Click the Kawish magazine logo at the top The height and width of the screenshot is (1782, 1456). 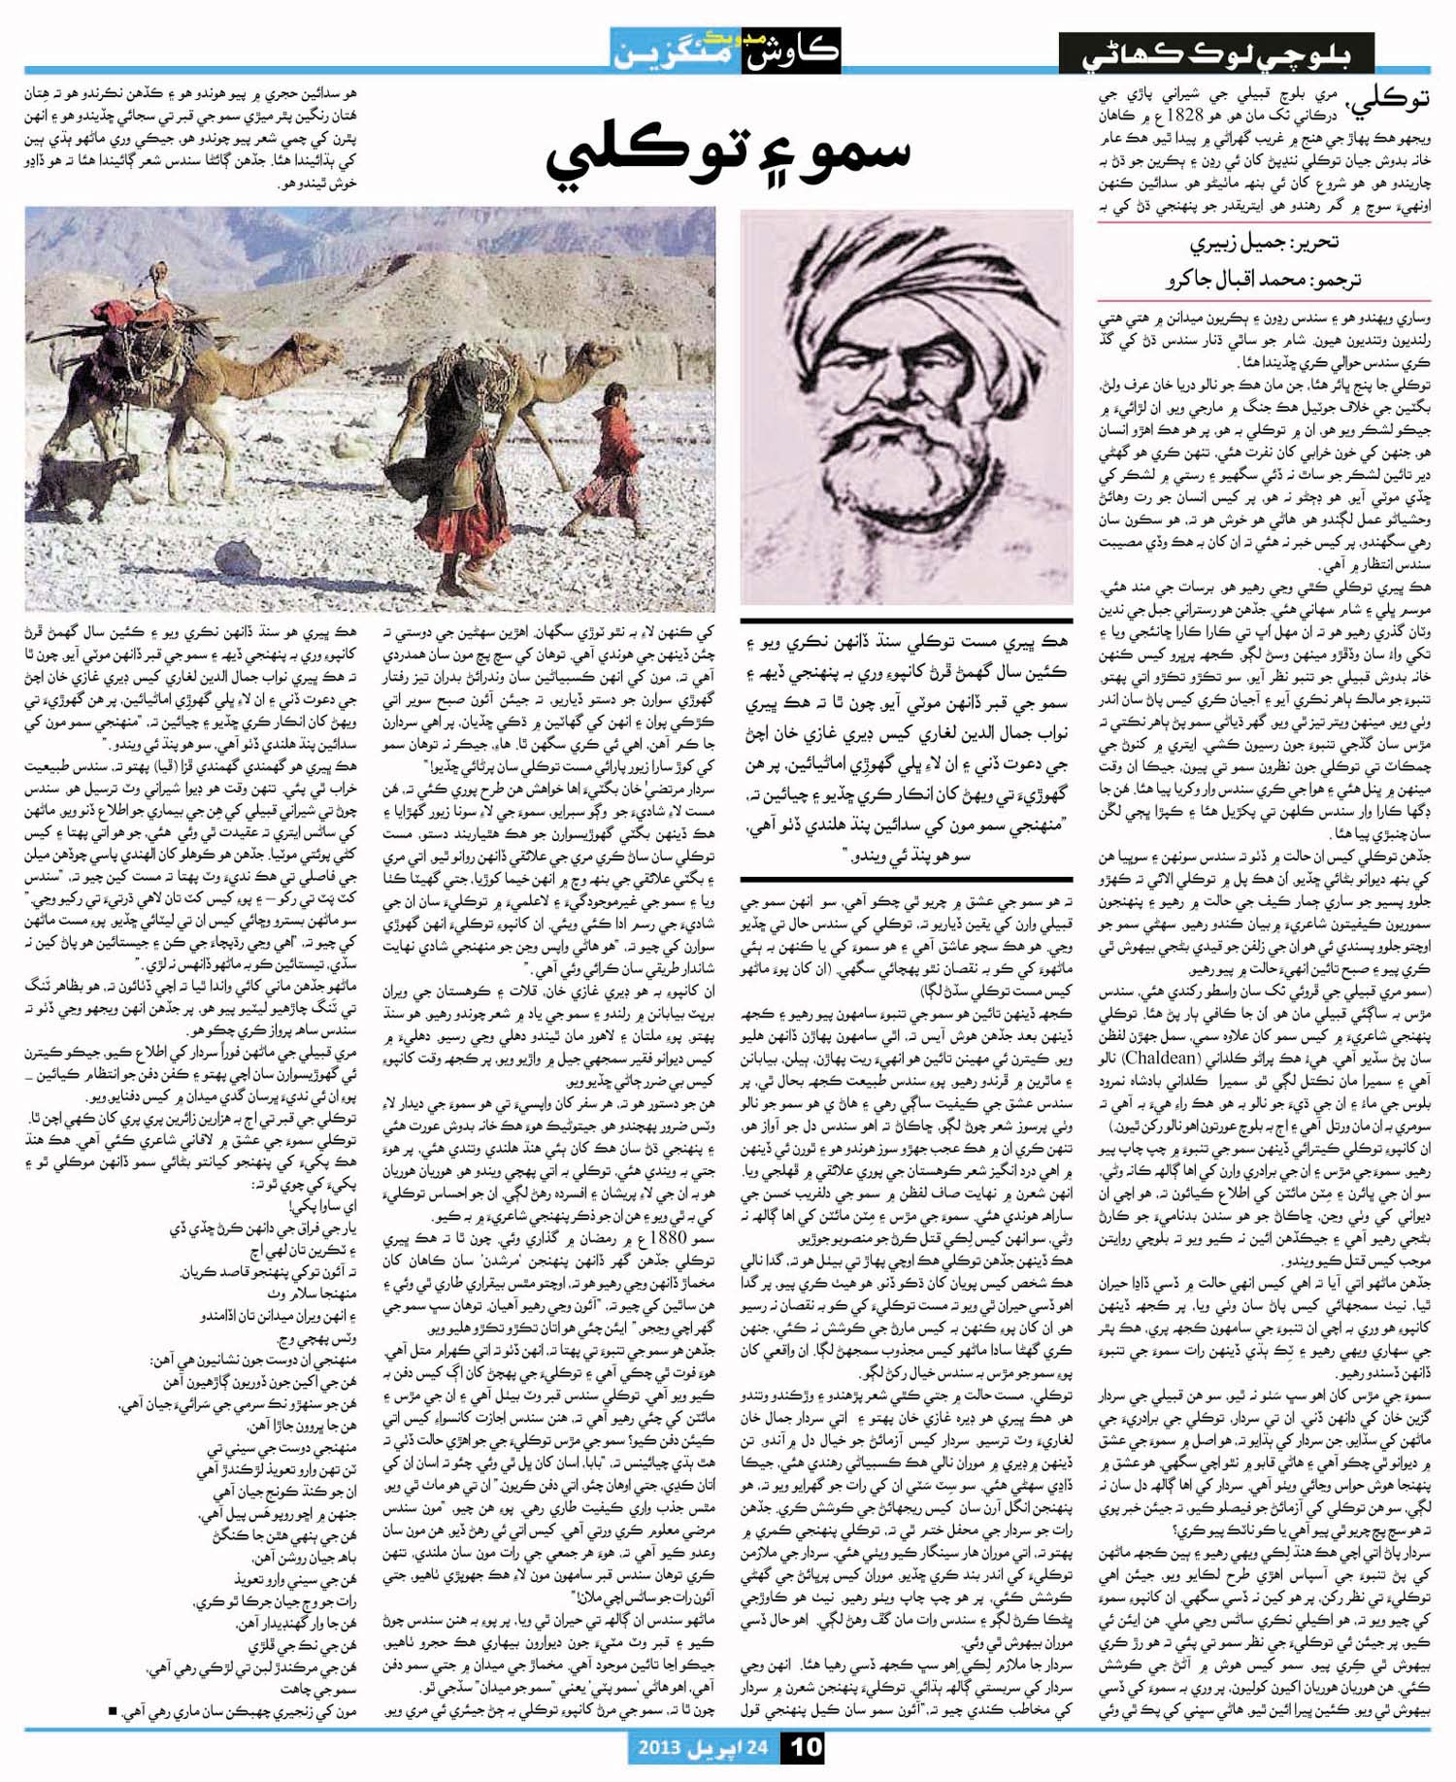click(x=726, y=49)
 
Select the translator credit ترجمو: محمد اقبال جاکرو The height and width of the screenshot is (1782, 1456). click(x=1262, y=280)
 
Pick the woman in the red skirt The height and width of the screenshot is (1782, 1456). click(x=456, y=486)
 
